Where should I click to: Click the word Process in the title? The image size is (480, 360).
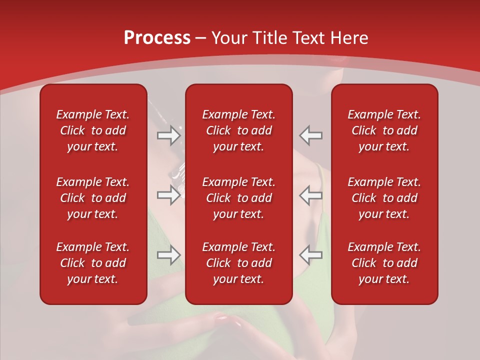click(x=157, y=37)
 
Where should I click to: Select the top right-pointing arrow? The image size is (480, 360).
click(x=168, y=135)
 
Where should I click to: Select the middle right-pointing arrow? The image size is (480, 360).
click(x=168, y=195)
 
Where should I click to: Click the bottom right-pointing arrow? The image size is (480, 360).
click(x=168, y=255)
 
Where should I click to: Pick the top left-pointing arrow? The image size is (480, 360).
click(x=311, y=135)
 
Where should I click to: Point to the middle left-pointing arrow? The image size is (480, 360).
click(x=311, y=195)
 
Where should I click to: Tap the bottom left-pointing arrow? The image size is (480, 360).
click(x=311, y=255)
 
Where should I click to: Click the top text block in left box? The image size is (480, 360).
click(x=93, y=130)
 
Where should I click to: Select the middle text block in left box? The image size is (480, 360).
click(x=93, y=198)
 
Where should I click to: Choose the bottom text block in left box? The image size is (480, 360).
click(x=93, y=263)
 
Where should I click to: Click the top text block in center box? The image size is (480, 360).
click(x=238, y=130)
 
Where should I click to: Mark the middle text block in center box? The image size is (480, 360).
click(x=238, y=198)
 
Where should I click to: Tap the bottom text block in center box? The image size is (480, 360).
click(x=238, y=263)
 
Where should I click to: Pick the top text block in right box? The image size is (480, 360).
click(x=384, y=130)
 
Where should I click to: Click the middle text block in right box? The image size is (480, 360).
click(x=384, y=198)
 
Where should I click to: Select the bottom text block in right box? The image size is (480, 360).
click(x=384, y=263)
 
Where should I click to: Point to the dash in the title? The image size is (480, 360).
click(x=201, y=38)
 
